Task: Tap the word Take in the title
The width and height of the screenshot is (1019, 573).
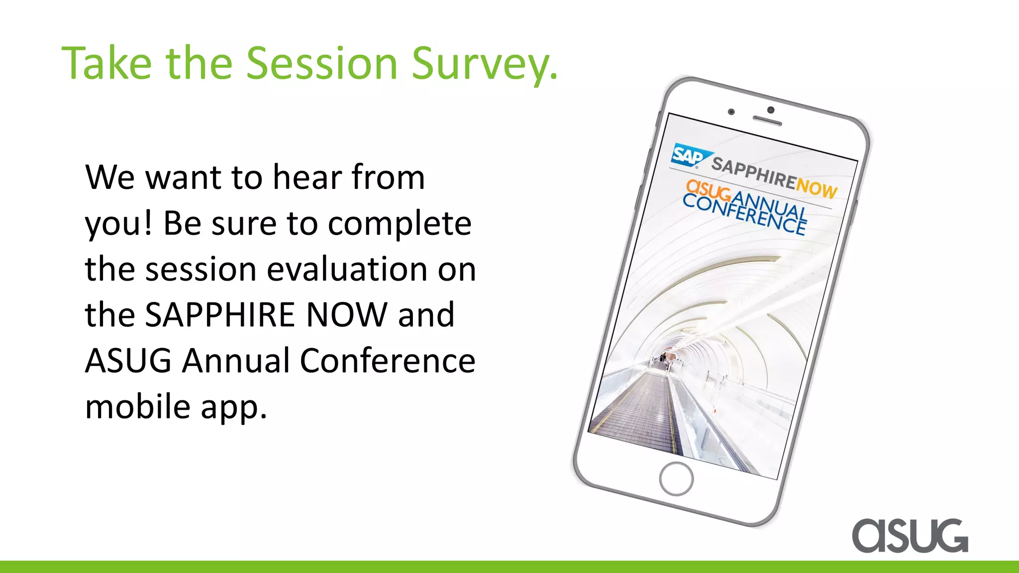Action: (106, 63)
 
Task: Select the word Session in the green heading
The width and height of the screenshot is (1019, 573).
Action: (322, 63)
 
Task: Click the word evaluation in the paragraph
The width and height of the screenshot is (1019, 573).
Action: (347, 269)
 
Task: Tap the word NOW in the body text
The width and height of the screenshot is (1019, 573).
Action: (346, 315)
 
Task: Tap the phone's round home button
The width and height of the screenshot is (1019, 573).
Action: (676, 478)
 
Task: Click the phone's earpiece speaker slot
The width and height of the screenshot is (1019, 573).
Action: (767, 120)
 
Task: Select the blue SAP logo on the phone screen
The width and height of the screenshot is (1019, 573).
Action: (690, 155)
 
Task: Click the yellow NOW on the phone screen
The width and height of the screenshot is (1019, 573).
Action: (816, 188)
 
